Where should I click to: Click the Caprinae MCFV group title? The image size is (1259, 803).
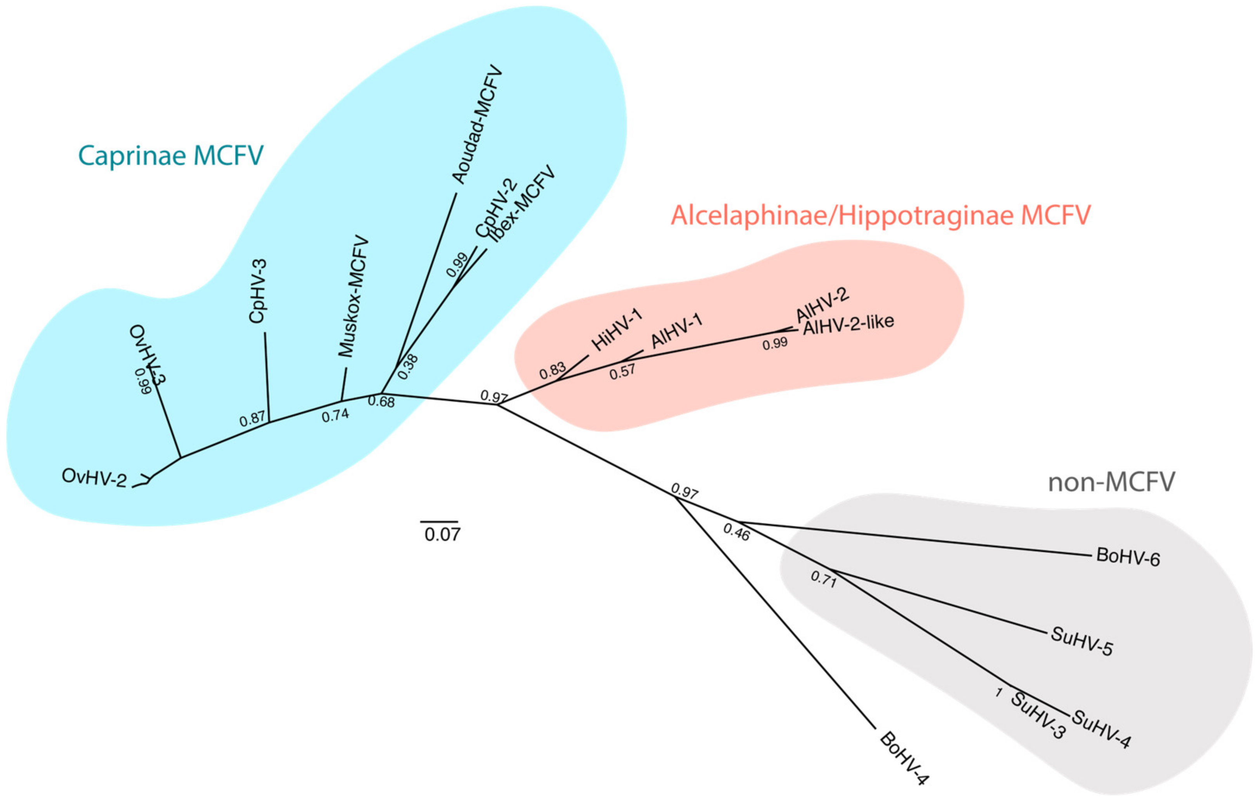pos(170,155)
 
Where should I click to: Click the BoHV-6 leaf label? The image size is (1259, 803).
pos(1128,557)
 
